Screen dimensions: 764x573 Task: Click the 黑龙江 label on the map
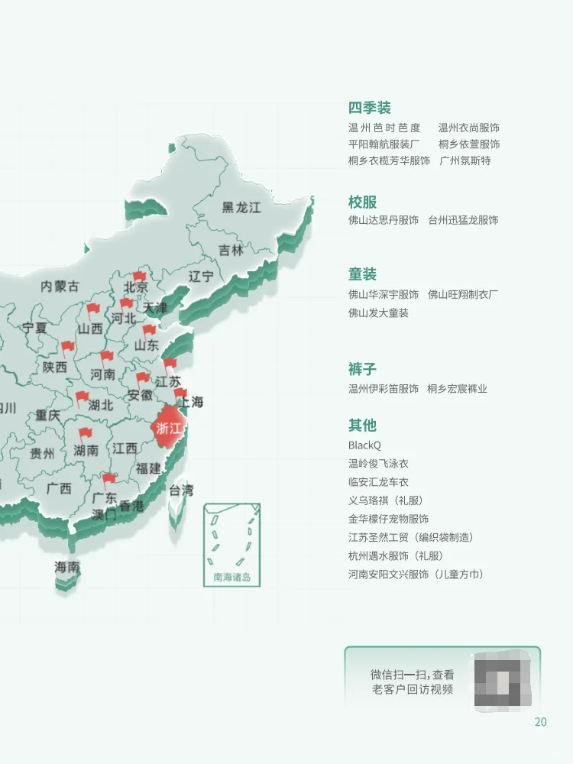pyautogui.click(x=241, y=208)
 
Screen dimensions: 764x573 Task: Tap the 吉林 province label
pyautogui.click(x=230, y=250)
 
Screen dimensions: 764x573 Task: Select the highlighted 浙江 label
pyautogui.click(x=168, y=428)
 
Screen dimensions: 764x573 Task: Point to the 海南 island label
pyautogui.click(x=67, y=567)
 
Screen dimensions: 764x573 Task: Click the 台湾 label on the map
pyautogui.click(x=181, y=490)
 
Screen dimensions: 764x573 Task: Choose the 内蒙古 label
pyautogui.click(x=60, y=286)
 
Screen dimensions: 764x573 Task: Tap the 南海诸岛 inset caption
pyautogui.click(x=231, y=577)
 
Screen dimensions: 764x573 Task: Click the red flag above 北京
pyautogui.click(x=139, y=277)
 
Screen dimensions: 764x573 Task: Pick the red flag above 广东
pyautogui.click(x=108, y=480)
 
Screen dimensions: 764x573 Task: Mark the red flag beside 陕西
pyautogui.click(x=68, y=348)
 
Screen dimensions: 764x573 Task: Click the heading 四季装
pyautogui.click(x=369, y=108)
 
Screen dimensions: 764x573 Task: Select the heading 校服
pyautogui.click(x=362, y=202)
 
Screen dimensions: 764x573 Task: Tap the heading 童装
pyautogui.click(x=362, y=274)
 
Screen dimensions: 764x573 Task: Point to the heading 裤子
pyautogui.click(x=362, y=369)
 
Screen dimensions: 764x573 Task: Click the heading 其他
pyautogui.click(x=362, y=425)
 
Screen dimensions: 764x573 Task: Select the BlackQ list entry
pyautogui.click(x=364, y=445)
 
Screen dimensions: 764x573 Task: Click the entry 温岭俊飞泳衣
pyautogui.click(x=378, y=464)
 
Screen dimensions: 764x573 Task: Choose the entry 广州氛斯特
pyautogui.click(x=465, y=160)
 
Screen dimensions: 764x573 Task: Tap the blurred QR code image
pyautogui.click(x=503, y=679)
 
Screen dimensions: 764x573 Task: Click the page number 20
pyautogui.click(x=540, y=722)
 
